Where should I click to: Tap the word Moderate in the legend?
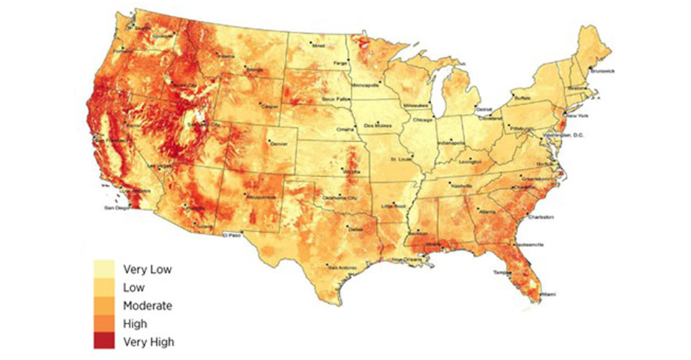click(x=148, y=305)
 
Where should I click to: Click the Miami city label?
click(x=548, y=294)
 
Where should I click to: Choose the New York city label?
click(x=575, y=115)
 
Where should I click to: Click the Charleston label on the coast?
click(x=540, y=217)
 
